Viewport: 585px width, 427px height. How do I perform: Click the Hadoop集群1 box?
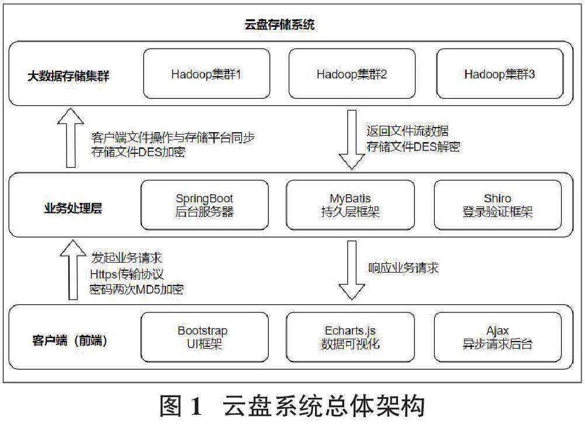click(x=207, y=74)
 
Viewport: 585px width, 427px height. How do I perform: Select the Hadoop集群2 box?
click(x=352, y=74)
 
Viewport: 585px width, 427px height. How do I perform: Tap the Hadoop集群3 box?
click(x=500, y=74)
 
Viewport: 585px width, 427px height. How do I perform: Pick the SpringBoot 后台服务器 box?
click(x=205, y=205)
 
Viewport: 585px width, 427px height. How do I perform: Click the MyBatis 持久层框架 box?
click(x=350, y=205)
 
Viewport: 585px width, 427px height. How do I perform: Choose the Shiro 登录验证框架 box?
click(x=497, y=205)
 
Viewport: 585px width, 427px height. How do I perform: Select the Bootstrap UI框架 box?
click(x=203, y=338)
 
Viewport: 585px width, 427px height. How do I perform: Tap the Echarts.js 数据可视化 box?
click(x=350, y=338)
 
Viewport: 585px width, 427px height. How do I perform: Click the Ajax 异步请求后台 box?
click(x=497, y=338)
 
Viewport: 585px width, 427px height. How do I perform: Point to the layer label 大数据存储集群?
click(x=69, y=75)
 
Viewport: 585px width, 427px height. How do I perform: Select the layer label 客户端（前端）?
click(x=69, y=339)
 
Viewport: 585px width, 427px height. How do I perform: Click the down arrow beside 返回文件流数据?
click(x=351, y=139)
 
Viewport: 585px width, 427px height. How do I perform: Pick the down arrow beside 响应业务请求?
click(x=351, y=270)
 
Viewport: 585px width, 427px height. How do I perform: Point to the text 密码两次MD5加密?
click(x=137, y=289)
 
